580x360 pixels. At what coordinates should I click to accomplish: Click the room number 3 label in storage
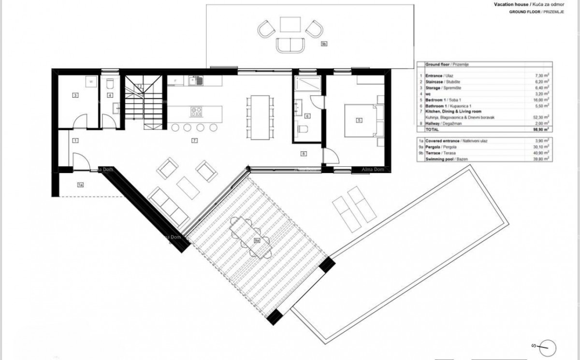pyautogui.click(x=75, y=96)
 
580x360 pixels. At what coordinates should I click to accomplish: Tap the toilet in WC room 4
pyautogui.click(x=110, y=83)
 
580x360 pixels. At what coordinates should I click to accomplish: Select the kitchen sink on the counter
pyautogui.click(x=198, y=81)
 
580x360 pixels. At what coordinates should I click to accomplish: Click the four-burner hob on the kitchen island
pyautogui.click(x=196, y=112)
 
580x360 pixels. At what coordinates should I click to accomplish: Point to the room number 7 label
pyautogui.click(x=193, y=141)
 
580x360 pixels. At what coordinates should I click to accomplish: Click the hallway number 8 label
pyautogui.click(x=304, y=154)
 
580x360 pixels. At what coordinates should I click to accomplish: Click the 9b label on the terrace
pyautogui.click(x=324, y=44)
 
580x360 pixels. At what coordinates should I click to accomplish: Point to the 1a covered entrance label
pyautogui.click(x=80, y=185)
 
